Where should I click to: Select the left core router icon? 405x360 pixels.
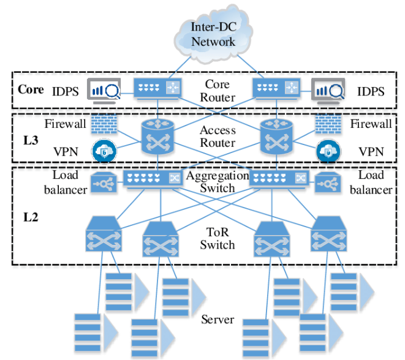coord(156,89)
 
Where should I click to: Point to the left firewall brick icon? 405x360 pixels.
coord(103,125)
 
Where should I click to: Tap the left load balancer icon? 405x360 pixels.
coord(102,182)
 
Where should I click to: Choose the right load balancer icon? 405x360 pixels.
coord(328,182)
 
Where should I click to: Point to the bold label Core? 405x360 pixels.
coord(30,89)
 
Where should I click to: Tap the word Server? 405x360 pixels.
coord(218,320)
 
